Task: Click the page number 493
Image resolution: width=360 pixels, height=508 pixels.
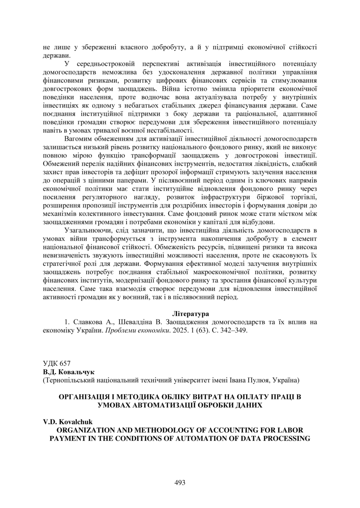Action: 180,482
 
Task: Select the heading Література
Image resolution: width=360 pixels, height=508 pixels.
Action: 191,314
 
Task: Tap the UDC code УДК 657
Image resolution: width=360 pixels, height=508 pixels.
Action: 57,363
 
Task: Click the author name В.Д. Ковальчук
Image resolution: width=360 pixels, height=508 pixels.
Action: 69,372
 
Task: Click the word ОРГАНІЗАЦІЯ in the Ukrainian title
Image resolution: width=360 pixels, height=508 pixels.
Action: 86,397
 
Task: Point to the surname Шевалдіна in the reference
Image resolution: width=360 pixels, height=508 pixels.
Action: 128,322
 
